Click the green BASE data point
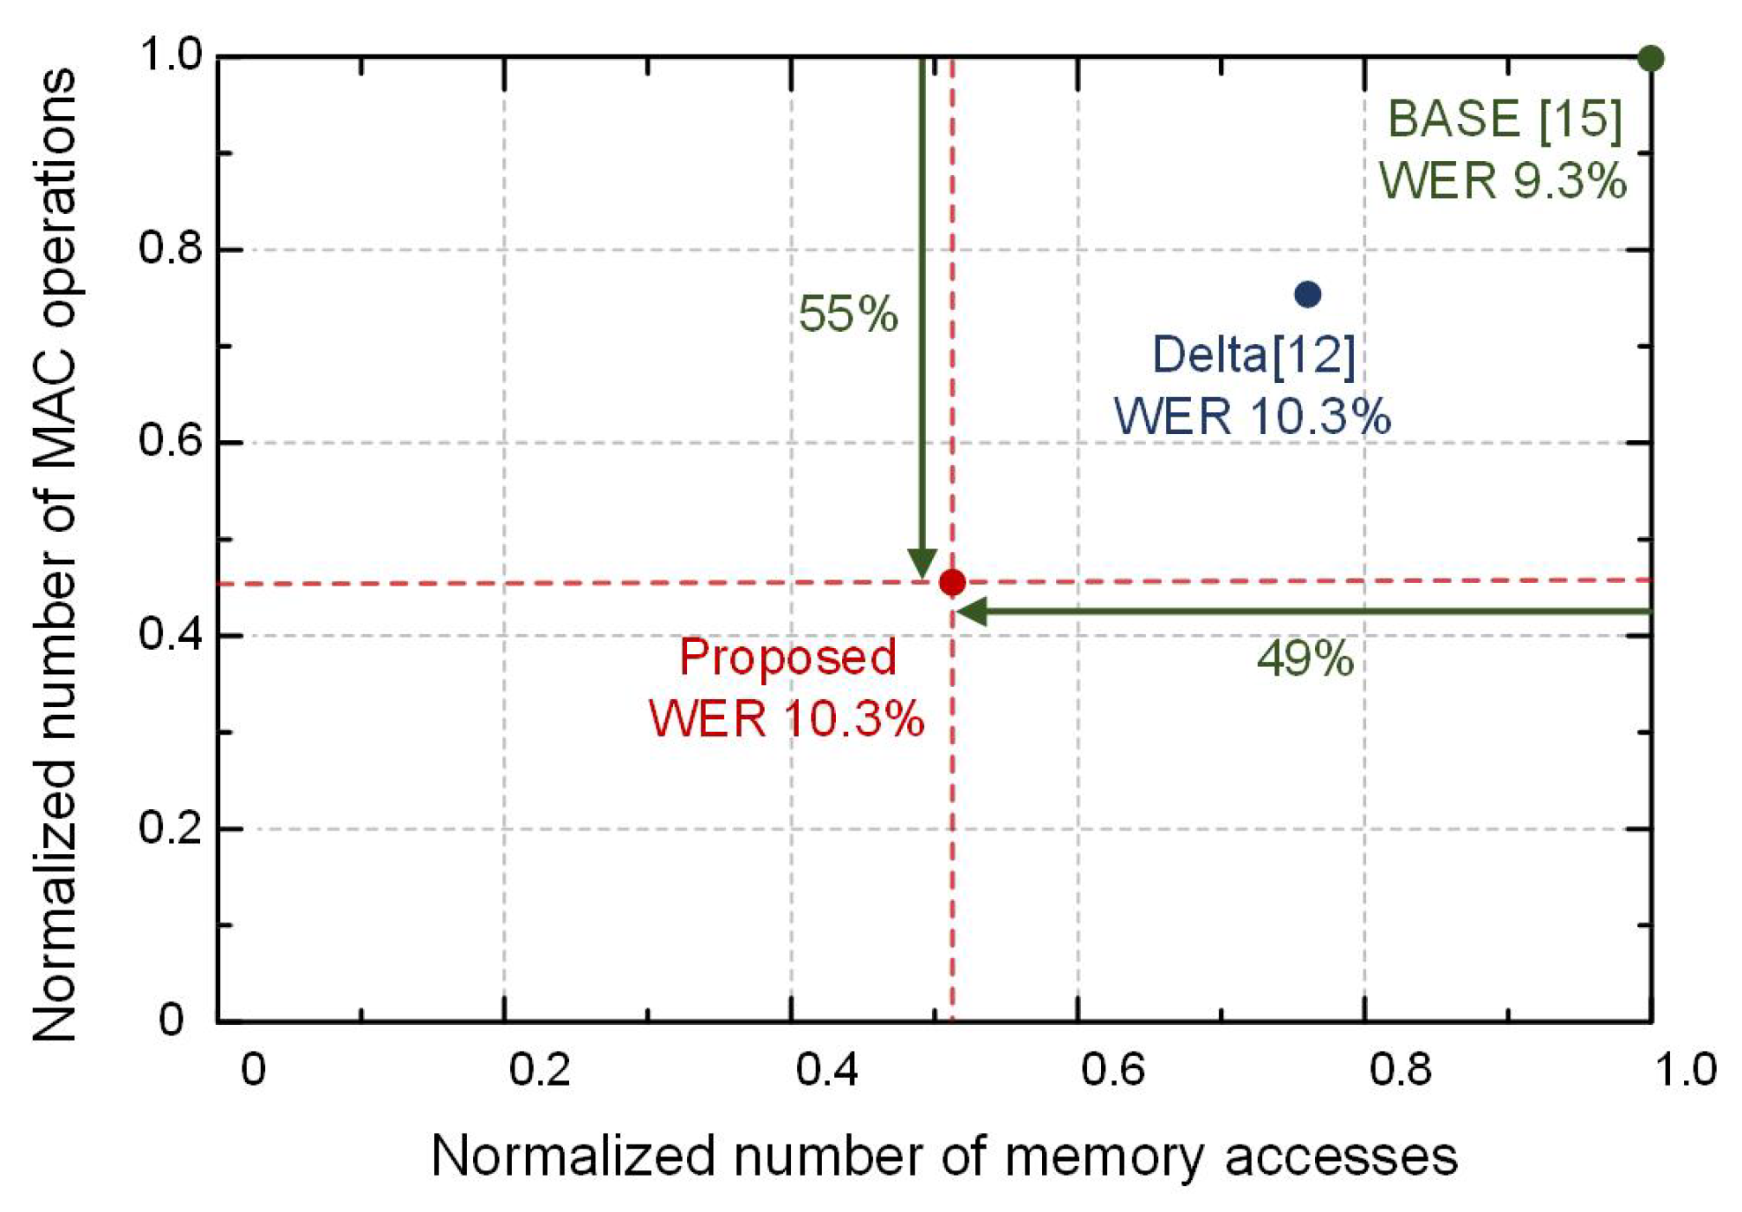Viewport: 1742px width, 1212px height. point(1650,59)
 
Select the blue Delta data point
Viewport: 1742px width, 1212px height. point(1307,295)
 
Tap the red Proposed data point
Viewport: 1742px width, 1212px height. point(952,582)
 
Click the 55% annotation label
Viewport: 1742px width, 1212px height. point(848,314)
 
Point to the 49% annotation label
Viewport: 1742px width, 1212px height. point(1305,658)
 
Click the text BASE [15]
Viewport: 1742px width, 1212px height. point(1505,119)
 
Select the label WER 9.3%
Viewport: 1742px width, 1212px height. point(1503,181)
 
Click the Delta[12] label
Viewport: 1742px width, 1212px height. point(1253,355)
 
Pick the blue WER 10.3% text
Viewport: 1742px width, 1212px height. point(1253,417)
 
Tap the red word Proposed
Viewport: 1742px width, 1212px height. point(787,657)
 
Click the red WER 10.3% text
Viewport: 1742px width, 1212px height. point(787,719)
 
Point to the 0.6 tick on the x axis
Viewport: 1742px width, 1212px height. point(1112,1070)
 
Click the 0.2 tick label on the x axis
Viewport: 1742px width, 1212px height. point(539,1070)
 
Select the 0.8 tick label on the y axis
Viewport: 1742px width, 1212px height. point(170,249)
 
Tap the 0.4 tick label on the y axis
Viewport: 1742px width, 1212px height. point(170,635)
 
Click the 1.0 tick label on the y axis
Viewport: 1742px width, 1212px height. point(170,55)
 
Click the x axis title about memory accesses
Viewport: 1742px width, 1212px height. point(944,1156)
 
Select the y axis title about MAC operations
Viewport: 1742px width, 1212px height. point(54,554)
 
